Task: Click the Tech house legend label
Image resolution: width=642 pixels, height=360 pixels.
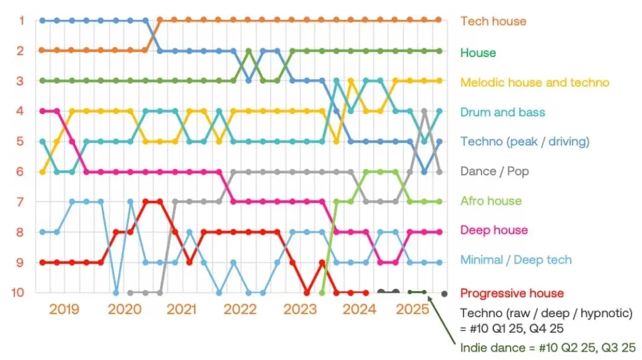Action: [x=493, y=21]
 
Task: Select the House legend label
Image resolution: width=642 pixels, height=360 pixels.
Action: [x=478, y=52]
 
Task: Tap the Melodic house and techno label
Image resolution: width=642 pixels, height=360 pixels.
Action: [x=535, y=82]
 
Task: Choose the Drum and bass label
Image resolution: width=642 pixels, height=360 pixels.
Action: [x=502, y=112]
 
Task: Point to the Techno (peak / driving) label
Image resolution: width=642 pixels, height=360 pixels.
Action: [x=525, y=141]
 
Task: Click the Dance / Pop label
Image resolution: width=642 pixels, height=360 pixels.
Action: [x=494, y=171]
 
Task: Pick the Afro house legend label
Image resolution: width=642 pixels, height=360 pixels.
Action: [x=491, y=200]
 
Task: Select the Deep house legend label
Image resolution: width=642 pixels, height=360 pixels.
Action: [x=494, y=230]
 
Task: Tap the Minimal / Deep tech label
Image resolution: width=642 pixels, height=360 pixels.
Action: [x=516, y=260]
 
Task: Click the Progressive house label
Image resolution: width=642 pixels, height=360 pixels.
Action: [x=512, y=293]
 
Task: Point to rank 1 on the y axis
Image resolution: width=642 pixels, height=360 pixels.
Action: [x=21, y=20]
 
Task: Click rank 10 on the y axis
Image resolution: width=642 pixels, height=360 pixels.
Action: [x=18, y=292]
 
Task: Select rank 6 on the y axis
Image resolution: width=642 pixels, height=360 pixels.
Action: [x=20, y=172]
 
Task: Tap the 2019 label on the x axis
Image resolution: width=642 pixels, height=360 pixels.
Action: [x=64, y=309]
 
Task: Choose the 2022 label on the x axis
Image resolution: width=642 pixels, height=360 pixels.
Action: [x=240, y=309]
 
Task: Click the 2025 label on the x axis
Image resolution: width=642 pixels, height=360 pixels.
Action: [x=413, y=309]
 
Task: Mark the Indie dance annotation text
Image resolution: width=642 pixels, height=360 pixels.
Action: [x=548, y=348]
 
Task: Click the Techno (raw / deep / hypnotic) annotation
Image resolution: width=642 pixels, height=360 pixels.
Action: [x=546, y=321]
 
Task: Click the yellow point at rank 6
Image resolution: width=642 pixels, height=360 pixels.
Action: [x=42, y=172]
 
